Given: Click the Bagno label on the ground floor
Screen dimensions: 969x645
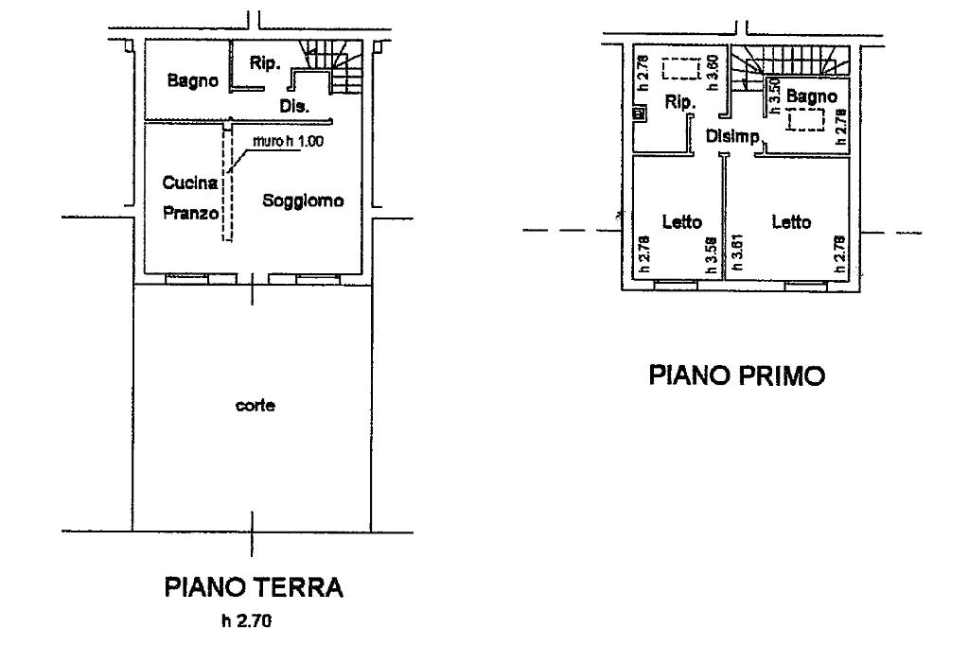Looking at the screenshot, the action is [192, 81].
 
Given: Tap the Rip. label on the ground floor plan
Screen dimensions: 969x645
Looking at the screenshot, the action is [262, 62].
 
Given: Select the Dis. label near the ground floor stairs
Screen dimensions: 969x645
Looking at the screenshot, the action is [294, 107].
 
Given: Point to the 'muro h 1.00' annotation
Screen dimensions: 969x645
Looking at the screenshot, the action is [286, 143].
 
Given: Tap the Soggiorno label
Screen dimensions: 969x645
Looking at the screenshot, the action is [303, 200].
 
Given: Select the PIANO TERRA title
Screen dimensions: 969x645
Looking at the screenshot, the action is [253, 588].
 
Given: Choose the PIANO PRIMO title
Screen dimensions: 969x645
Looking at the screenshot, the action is [736, 375].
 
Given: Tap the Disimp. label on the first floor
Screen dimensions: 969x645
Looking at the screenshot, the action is [733, 137].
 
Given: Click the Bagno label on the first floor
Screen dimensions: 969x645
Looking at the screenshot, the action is [811, 96].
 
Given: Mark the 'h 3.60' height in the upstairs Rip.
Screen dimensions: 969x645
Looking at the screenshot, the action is [714, 73].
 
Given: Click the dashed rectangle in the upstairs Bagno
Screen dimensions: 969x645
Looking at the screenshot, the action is [806, 119].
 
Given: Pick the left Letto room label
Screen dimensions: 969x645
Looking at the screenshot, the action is [681, 223].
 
